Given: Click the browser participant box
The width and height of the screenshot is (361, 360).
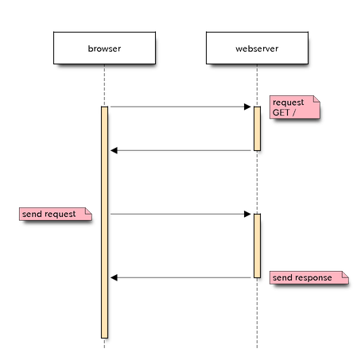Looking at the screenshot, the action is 104,48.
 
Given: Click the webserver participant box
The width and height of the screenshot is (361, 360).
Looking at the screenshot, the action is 257,48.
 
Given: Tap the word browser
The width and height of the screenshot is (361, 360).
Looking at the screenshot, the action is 104,48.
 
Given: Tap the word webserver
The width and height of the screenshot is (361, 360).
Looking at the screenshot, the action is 257,48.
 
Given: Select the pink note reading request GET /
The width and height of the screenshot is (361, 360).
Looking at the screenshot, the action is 295,107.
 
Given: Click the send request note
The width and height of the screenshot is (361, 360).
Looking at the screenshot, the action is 56,214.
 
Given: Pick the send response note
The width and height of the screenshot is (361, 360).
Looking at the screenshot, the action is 309,277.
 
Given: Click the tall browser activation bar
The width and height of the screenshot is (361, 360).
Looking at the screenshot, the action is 104,223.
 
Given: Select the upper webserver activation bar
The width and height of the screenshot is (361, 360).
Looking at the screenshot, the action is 257,129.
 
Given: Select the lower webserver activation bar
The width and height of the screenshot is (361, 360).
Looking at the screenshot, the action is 257,246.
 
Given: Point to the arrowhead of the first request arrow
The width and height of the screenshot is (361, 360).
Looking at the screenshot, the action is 247,106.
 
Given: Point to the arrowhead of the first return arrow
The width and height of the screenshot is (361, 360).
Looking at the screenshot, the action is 114,150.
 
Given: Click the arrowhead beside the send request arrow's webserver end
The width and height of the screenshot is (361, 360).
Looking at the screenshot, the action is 247,214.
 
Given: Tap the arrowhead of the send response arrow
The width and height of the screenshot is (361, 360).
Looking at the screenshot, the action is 114,277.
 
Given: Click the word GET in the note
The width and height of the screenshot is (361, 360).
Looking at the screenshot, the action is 281,113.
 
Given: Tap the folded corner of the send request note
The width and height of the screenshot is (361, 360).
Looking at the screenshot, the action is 88,211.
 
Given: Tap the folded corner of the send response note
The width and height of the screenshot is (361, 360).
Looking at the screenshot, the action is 345,274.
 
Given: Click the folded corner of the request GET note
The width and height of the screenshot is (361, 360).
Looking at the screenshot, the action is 316,99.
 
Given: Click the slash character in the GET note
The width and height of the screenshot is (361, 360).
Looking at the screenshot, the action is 293,113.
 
